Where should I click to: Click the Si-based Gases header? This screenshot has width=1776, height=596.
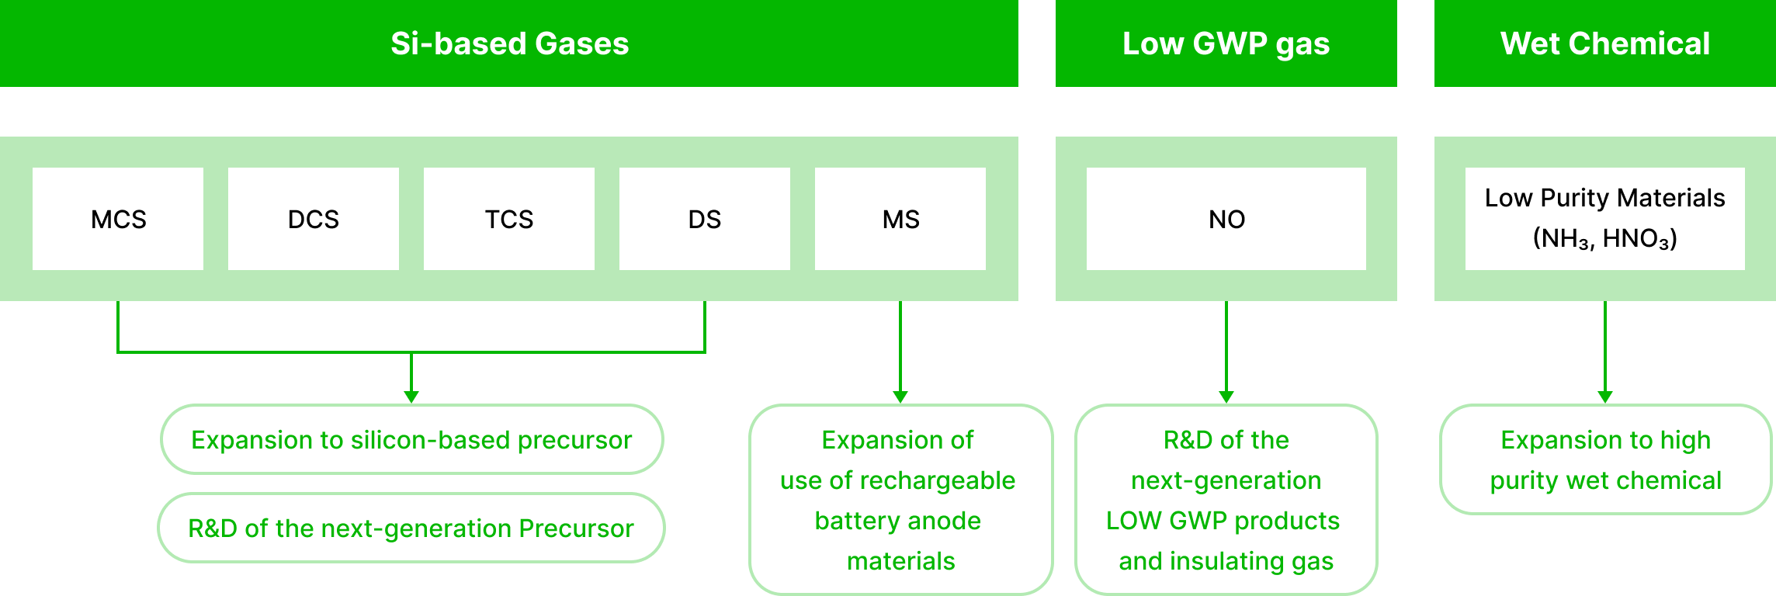(509, 43)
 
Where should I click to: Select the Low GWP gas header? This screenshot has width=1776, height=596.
(1226, 43)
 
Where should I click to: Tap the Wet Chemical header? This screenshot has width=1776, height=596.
(1604, 43)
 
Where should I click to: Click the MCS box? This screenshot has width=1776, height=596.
(118, 219)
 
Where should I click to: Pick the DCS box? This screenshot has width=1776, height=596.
(314, 219)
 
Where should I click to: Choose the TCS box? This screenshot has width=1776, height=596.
(509, 219)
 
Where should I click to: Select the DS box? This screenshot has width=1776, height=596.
(705, 219)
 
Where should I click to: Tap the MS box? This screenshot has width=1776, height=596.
(900, 219)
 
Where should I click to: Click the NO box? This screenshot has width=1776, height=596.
(1226, 219)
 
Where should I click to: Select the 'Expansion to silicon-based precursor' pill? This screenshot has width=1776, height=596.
(411, 439)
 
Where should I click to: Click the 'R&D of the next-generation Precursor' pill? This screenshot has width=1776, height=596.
(411, 528)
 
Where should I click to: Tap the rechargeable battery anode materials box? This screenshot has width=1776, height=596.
(900, 500)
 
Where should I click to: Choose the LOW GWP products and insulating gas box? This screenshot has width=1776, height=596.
(1226, 500)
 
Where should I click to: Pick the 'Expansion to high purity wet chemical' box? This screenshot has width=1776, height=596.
(1605, 459)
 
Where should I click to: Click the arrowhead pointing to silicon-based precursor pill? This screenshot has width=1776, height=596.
(411, 397)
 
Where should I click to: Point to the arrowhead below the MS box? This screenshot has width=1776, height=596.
(900, 397)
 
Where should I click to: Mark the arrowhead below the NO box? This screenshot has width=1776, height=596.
(1226, 397)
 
